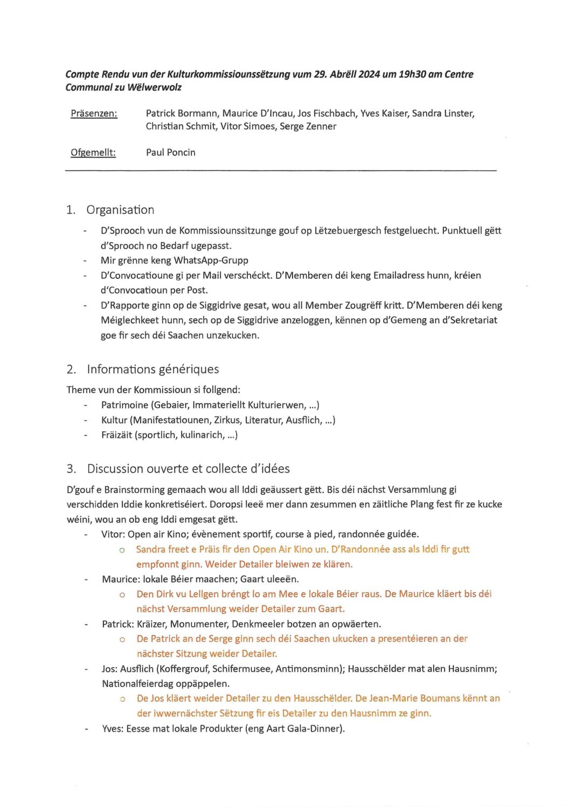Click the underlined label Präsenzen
click(94, 114)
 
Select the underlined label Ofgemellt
click(93, 152)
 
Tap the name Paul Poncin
click(170, 152)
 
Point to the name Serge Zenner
click(310, 126)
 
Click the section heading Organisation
click(120, 210)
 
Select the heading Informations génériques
click(153, 369)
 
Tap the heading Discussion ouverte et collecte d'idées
click(188, 469)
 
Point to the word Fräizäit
click(116, 435)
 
